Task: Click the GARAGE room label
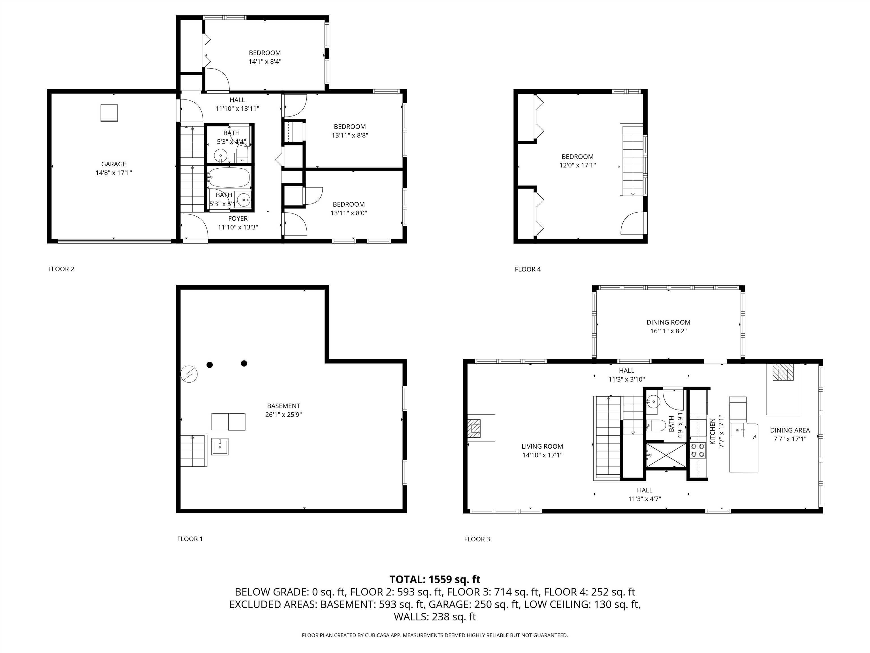[114, 164]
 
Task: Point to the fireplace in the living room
[474, 429]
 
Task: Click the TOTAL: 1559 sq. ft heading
[435, 579]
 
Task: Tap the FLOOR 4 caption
[527, 269]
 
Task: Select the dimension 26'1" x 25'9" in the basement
[283, 414]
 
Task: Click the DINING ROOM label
[668, 322]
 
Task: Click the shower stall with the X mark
[666, 456]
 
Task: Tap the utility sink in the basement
[219, 447]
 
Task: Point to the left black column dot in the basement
[210, 365]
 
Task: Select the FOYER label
[238, 219]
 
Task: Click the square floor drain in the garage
[109, 113]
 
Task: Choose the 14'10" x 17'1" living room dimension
[542, 455]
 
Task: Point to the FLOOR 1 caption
[189, 539]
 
